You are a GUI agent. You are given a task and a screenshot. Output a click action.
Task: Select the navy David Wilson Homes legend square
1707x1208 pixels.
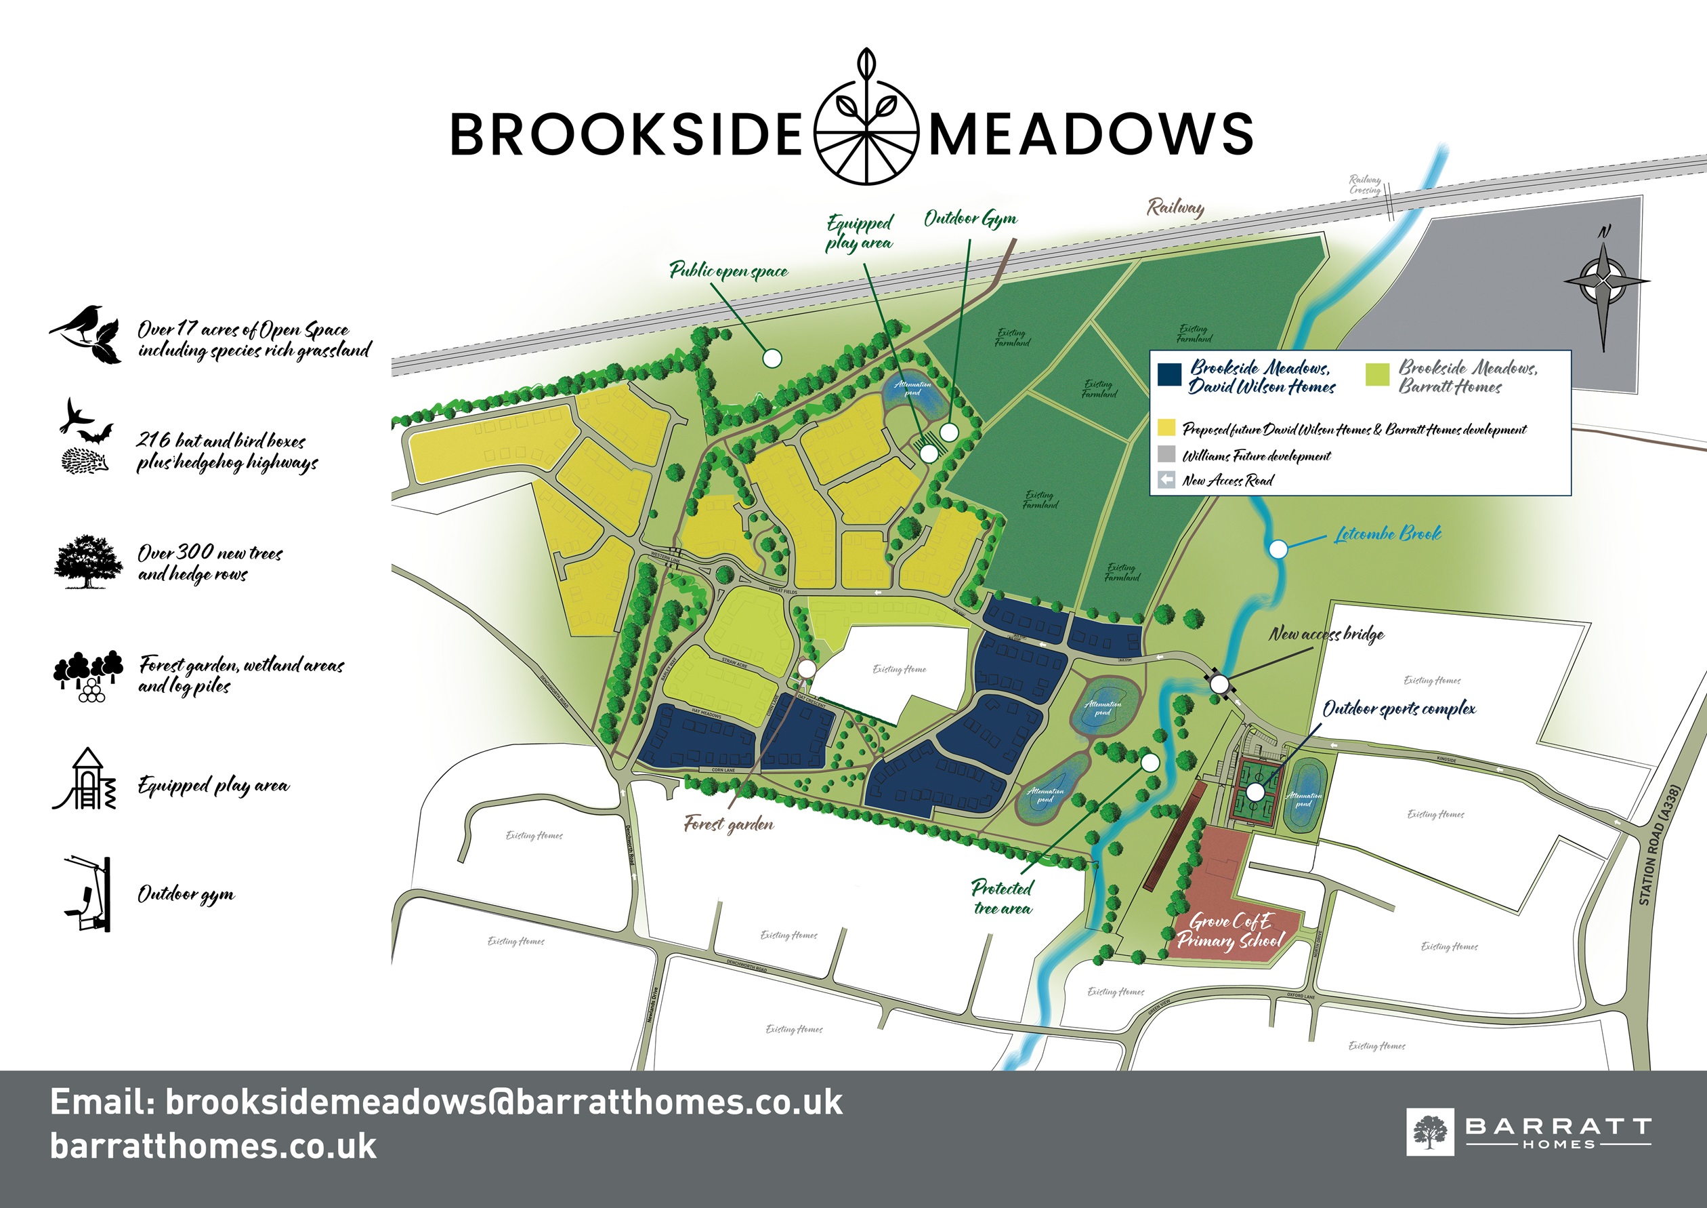click(1169, 375)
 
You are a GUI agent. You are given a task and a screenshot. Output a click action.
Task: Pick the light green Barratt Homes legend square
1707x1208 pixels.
click(1378, 375)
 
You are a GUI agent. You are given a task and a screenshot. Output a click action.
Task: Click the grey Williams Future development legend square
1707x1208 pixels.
click(1167, 454)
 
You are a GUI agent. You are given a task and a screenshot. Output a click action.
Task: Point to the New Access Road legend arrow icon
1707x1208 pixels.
click(1167, 480)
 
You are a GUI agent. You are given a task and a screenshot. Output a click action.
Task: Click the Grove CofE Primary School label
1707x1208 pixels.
click(1230, 931)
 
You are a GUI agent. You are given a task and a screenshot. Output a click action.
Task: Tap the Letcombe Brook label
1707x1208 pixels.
click(1387, 534)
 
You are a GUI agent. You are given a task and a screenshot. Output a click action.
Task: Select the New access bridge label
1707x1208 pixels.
click(1326, 635)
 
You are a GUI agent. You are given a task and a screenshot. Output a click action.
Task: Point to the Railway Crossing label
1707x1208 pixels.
click(1365, 184)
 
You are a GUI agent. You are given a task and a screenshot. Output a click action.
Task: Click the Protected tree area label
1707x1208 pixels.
click(1003, 897)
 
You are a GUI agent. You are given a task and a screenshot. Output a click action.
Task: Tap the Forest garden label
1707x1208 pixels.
click(729, 824)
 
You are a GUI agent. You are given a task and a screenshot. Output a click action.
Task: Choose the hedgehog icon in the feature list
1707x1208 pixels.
click(84, 460)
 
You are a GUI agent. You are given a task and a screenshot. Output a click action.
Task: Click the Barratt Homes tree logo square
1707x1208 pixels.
click(1430, 1132)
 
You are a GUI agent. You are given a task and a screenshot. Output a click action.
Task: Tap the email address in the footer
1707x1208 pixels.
click(446, 1102)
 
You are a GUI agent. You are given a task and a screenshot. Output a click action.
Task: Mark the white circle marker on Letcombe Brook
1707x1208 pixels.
click(1278, 550)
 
